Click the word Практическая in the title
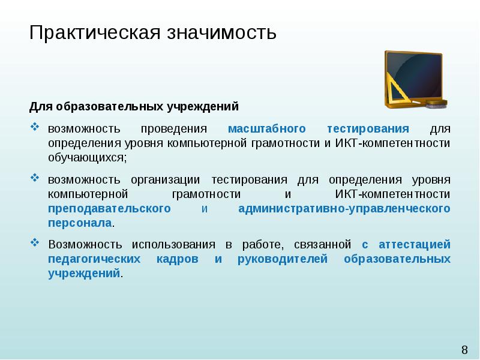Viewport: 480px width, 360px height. [x=95, y=32]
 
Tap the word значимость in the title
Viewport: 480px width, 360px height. [x=221, y=32]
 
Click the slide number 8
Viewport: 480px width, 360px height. [x=464, y=350]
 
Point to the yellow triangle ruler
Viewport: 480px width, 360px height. [x=397, y=88]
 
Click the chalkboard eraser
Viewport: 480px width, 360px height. [x=437, y=103]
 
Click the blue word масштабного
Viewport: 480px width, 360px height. [x=266, y=128]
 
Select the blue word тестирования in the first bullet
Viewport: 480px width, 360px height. [x=368, y=128]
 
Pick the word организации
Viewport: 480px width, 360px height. [x=166, y=179]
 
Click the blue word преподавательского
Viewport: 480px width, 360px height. [x=109, y=209]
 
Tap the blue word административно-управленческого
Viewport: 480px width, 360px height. [x=344, y=209]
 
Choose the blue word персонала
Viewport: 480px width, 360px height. [x=80, y=223]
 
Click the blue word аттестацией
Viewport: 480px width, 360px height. [x=415, y=245]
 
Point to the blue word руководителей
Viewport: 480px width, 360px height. [x=283, y=259]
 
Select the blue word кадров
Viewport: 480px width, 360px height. [x=177, y=259]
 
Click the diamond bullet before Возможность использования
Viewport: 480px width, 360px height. [x=35, y=243]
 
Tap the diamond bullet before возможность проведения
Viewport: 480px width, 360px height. [x=35, y=127]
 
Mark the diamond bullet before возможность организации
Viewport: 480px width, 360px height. [x=35, y=178]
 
